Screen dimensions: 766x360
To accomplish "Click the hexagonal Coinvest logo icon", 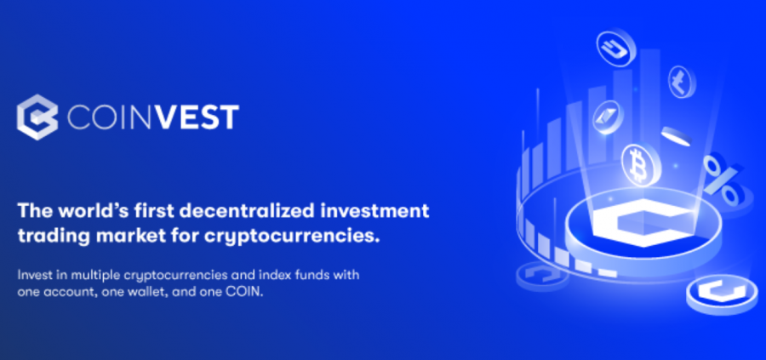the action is click(x=37, y=117).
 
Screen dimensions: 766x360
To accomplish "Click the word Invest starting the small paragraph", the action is click(x=32, y=275).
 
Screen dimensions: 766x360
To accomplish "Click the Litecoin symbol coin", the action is click(x=682, y=82).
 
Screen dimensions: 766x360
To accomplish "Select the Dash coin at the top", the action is click(x=615, y=48).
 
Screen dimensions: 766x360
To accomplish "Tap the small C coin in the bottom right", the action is click(x=722, y=294).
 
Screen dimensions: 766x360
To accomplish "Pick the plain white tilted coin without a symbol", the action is click(x=677, y=136).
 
